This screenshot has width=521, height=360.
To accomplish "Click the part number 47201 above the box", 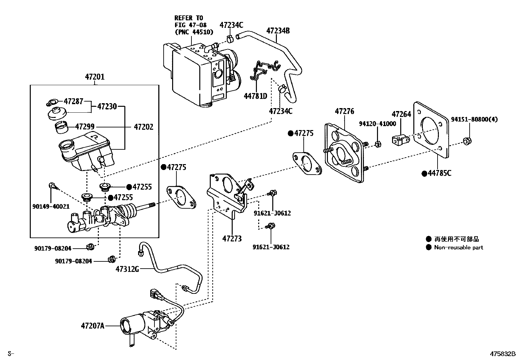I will (x=95, y=77).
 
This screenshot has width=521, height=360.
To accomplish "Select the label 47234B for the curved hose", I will (x=278, y=31).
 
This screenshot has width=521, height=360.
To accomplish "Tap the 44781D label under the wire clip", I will (x=255, y=96).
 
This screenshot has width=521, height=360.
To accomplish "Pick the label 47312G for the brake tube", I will (x=127, y=269).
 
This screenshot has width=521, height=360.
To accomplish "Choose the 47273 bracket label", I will (x=232, y=238).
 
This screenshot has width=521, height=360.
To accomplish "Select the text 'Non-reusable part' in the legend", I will (x=458, y=248).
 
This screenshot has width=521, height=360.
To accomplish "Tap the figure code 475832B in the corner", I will (x=503, y=354).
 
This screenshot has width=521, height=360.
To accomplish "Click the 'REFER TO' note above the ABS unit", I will (x=189, y=18).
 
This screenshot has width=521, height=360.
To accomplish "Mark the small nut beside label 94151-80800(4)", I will (x=467, y=142).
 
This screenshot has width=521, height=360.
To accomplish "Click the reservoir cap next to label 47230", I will (x=57, y=114).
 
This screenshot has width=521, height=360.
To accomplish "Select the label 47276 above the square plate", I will (x=344, y=111).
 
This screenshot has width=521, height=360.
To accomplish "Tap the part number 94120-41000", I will (x=377, y=124).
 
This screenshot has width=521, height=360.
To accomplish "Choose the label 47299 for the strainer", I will (x=85, y=127).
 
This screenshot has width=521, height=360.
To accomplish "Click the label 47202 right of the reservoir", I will (x=143, y=127).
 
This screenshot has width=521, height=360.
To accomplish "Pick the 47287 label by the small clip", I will (x=73, y=101).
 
